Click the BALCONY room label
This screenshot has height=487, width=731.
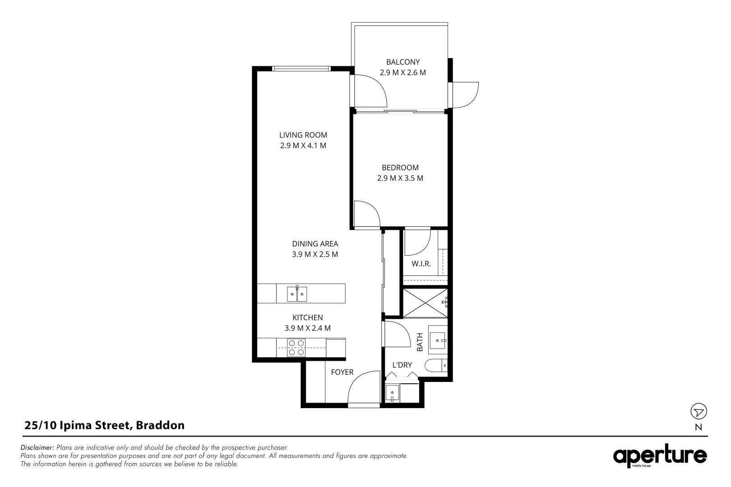tap(403, 62)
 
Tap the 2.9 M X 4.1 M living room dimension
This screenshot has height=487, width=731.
tap(303, 146)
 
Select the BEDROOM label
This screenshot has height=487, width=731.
tap(400, 168)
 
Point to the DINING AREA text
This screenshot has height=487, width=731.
tap(315, 244)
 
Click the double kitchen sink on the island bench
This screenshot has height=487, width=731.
tap(297, 294)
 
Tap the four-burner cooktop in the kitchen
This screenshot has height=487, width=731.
tap(296, 348)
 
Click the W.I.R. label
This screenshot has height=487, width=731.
tap(421, 264)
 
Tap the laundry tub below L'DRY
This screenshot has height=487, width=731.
tap(393, 393)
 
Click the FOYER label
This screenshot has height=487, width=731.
tap(342, 372)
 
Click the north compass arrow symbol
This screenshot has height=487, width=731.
tap(699, 412)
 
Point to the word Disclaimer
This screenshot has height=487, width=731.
tap(37, 448)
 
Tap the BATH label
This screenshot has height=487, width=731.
tap(420, 342)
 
